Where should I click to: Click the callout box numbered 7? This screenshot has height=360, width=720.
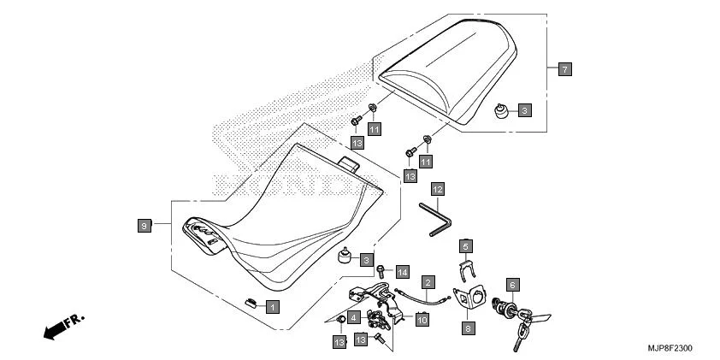pos(565,68)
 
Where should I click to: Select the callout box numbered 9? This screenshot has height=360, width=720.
pos(145,225)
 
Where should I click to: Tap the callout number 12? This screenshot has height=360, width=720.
pos(437,187)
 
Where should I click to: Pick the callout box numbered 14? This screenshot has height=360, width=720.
pos(402,272)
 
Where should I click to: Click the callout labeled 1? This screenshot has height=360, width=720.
pos(271,305)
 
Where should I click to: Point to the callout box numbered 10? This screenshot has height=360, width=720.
pos(421,319)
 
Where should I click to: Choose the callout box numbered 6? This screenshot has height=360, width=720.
pos(512,283)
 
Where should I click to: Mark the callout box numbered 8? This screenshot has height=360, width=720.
pos(467,326)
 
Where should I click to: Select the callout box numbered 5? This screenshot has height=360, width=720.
pos(466,245)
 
